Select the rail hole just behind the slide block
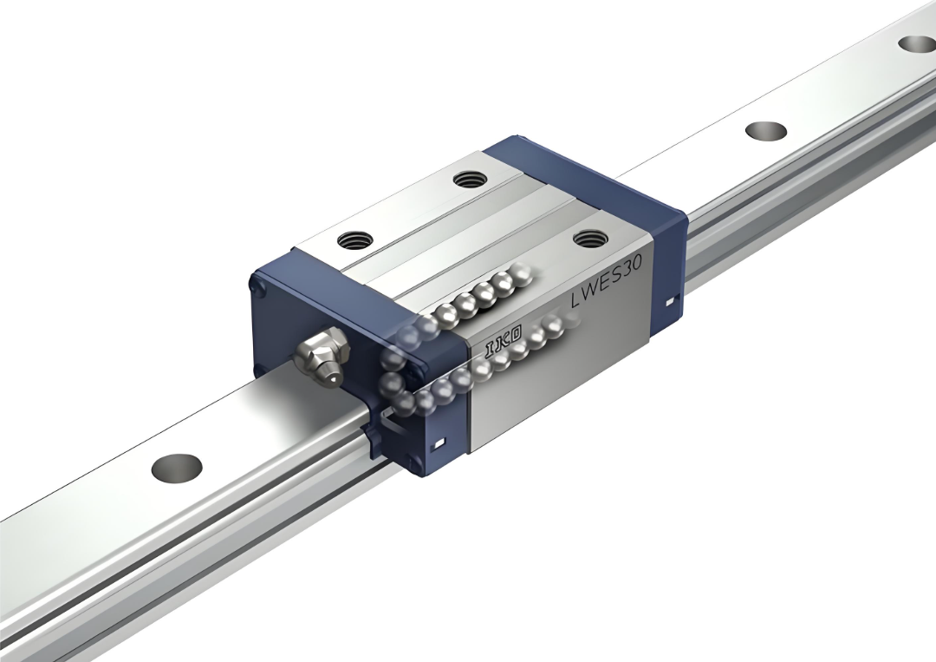[766, 130]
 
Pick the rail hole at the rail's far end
[917, 43]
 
